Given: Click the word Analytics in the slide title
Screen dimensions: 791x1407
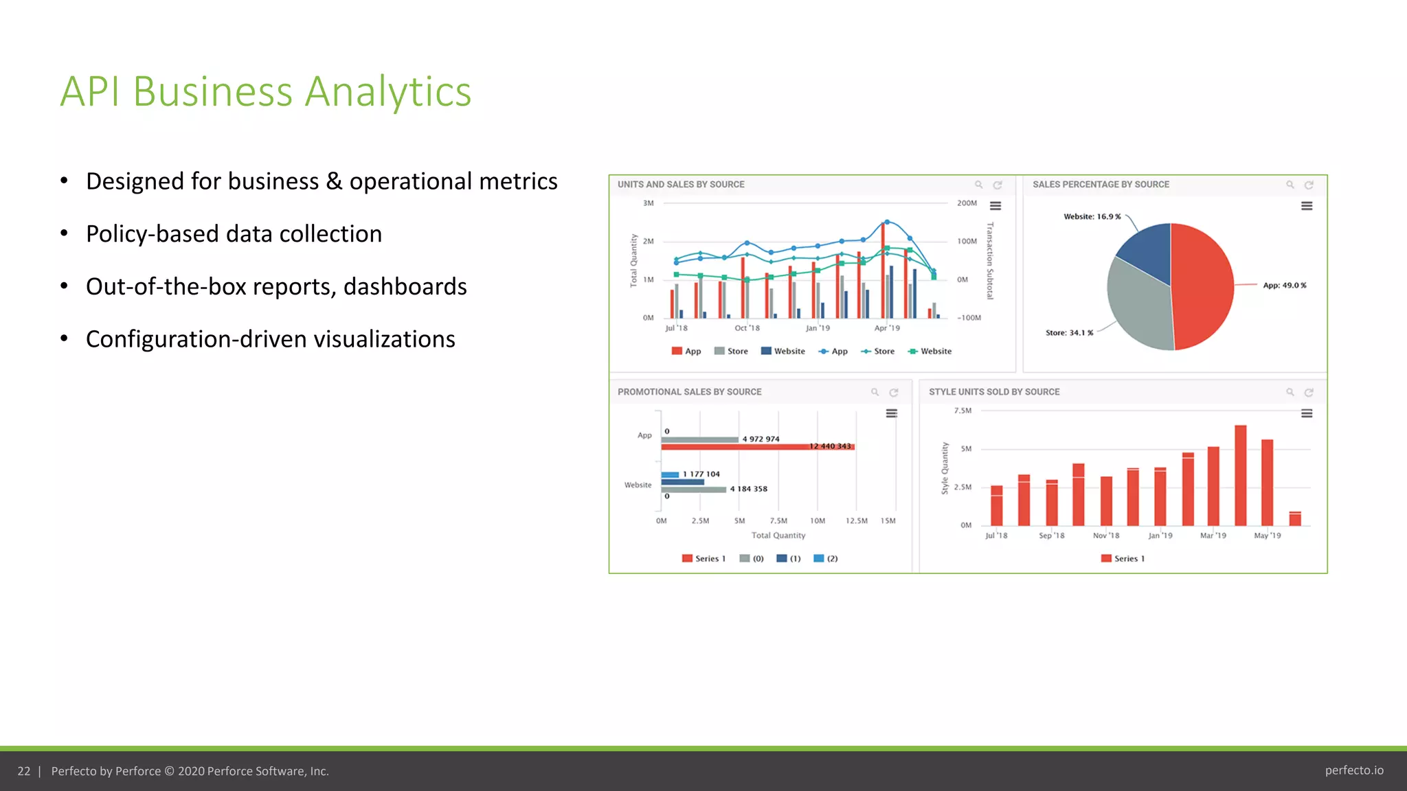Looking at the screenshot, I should coord(387,91).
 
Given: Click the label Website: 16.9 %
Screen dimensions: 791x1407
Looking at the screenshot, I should coord(1092,217).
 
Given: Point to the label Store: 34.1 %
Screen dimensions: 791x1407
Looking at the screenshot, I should coord(1069,333).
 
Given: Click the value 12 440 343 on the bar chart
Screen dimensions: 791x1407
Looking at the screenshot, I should coord(830,446).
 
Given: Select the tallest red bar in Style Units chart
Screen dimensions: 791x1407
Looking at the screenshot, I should coord(1240,475).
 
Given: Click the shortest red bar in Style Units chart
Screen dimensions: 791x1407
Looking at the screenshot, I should coord(1295,518).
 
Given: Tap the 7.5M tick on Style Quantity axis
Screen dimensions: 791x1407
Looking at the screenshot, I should coord(963,411).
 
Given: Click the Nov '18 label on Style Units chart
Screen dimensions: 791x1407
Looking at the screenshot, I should coord(1105,536).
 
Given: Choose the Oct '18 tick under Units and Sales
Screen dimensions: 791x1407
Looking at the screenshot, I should coord(747,328).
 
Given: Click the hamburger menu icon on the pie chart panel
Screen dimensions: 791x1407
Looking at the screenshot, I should coord(1307,206).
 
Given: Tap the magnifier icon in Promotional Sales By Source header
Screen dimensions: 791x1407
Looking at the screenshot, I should coord(875,392).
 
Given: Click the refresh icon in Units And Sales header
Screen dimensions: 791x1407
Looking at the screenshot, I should coord(998,185).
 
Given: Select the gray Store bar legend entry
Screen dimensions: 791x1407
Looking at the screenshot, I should coord(731,352).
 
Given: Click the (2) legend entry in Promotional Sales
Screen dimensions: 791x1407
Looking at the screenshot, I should coord(826,559).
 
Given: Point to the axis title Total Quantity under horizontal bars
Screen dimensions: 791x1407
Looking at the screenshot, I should coord(778,536).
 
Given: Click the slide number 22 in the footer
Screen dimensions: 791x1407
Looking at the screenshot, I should coord(24,771).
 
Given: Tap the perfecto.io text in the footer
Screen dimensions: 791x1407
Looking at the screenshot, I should coord(1353,770).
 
